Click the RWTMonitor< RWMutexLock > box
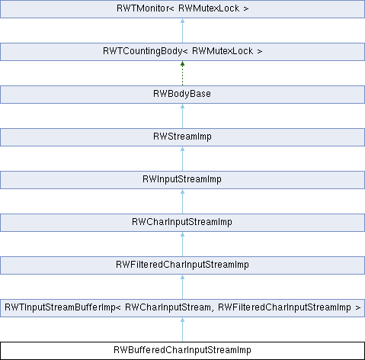click(182, 9)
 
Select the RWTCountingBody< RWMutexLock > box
click(182, 52)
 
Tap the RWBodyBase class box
click(182, 95)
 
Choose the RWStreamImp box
click(182, 137)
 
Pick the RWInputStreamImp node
click(182, 180)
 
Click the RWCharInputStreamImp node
click(182, 223)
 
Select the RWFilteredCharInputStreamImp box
click(182, 265)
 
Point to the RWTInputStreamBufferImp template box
click(182, 308)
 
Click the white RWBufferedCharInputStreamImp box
click(182, 351)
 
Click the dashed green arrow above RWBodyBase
click(182, 73)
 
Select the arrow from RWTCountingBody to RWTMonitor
click(182, 31)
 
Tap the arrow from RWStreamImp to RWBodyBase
click(182, 116)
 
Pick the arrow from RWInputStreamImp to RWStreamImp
click(182, 159)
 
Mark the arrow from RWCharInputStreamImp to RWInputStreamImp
click(182, 201)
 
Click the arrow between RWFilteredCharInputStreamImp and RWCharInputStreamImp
click(182, 244)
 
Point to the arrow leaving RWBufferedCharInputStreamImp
click(182, 329)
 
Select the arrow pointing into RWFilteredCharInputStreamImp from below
click(182, 287)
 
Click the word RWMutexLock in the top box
click(209, 8)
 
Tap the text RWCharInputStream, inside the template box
click(168, 307)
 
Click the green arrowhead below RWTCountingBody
click(182, 64)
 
